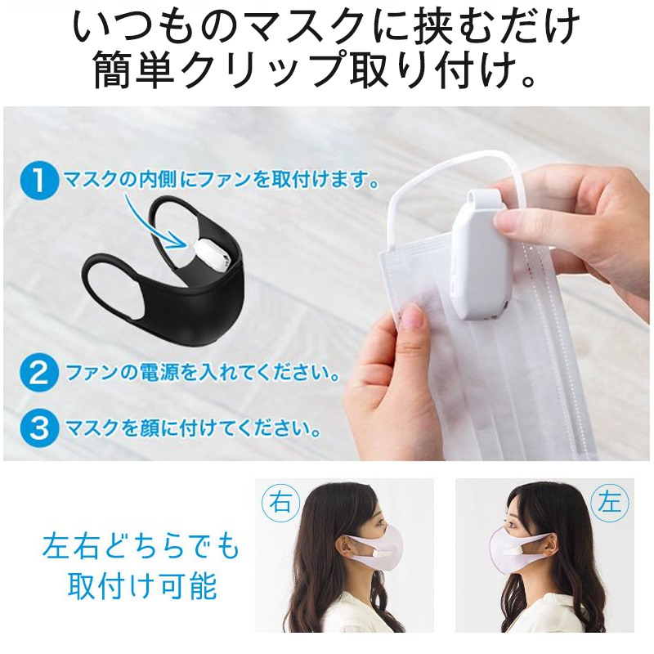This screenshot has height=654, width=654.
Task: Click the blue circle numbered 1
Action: [x=39, y=181]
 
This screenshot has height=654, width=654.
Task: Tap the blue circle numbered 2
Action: [x=39, y=373]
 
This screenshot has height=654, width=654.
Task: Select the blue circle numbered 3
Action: [x=39, y=428]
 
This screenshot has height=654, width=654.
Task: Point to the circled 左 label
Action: [x=611, y=503]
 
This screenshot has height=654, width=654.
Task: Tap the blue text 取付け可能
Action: [x=142, y=585]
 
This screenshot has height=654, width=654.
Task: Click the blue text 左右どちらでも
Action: [x=141, y=545]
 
